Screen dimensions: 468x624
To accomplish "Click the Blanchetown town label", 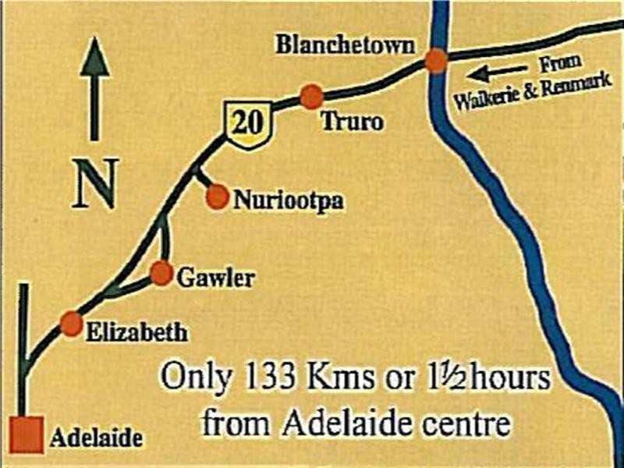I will (x=344, y=45).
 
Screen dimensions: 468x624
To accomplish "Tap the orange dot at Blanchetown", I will (x=436, y=61).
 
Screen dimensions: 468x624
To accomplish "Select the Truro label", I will (x=353, y=122).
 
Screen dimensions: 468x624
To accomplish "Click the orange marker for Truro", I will (x=312, y=96).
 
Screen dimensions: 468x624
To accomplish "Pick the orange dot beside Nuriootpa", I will (x=218, y=197).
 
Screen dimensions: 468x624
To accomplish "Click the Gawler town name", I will (x=216, y=277).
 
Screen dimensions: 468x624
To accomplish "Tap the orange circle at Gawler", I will (x=161, y=273).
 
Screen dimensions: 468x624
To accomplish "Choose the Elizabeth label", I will (x=136, y=333).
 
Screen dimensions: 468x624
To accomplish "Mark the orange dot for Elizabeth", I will (x=71, y=324).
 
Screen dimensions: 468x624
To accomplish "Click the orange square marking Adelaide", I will (x=27, y=434).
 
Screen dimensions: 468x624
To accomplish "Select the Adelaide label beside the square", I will (x=96, y=438).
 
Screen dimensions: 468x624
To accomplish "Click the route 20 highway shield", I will (x=247, y=123).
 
